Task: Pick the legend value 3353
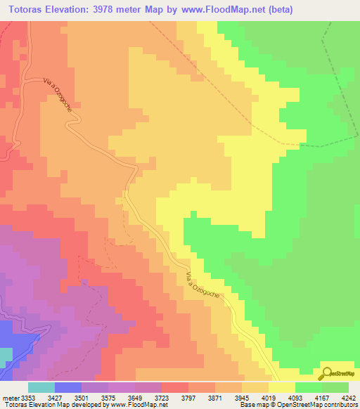click(x=28, y=398)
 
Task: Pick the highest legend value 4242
click(x=348, y=398)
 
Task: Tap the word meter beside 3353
click(x=10, y=398)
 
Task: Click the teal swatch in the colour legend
click(x=41, y=387)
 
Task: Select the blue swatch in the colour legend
click(x=68, y=387)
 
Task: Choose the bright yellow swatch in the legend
click(x=282, y=387)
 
